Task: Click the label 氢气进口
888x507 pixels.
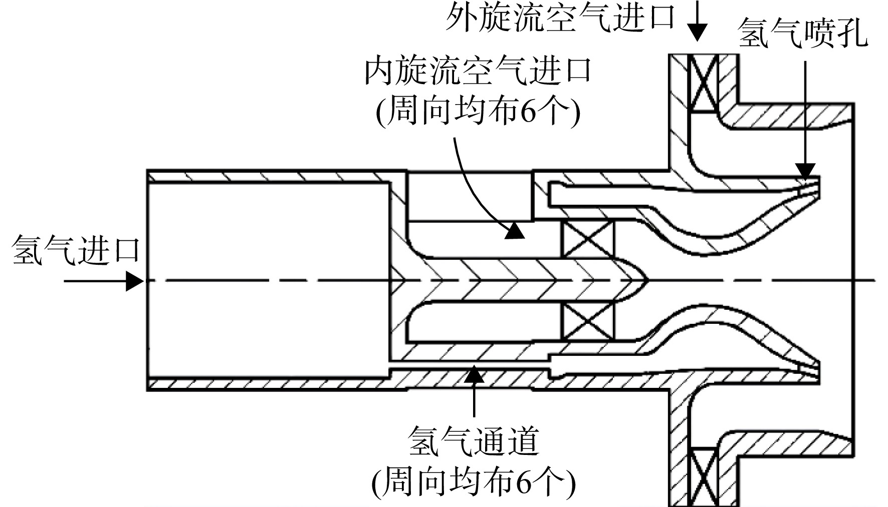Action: pos(76,250)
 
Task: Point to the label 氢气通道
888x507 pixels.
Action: pos(474,440)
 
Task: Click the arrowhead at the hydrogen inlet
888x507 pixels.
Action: pos(134,281)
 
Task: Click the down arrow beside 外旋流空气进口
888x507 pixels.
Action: pos(696,23)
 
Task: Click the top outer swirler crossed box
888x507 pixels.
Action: pos(704,83)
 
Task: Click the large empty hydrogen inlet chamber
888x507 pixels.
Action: pos(268,279)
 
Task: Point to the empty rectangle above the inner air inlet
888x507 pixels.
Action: pos(469,196)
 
